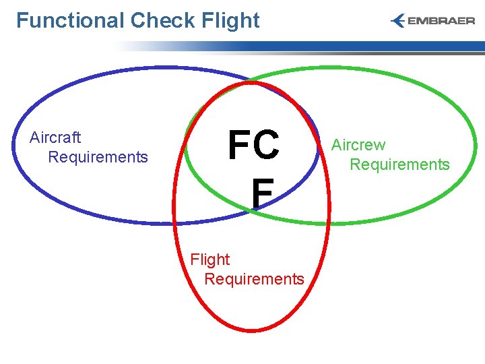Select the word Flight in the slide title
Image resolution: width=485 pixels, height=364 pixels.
tap(230, 20)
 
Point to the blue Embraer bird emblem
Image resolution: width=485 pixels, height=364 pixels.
tap(398, 21)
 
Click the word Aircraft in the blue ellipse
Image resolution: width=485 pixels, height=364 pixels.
tap(55, 138)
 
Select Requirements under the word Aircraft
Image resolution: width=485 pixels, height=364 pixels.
tap(98, 157)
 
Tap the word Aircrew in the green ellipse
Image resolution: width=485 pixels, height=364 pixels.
tap(358, 145)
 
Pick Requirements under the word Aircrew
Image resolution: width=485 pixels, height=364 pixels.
tap(399, 164)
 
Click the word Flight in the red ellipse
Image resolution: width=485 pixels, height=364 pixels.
tap(210, 260)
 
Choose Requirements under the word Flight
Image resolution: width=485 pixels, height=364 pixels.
tap(254, 279)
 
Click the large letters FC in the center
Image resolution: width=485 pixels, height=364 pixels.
tap(253, 146)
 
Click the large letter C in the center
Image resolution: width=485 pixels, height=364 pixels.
tap(267, 146)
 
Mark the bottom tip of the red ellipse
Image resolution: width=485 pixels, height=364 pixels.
tap(251, 331)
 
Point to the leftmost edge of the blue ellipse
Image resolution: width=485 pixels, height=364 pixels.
tap(13, 145)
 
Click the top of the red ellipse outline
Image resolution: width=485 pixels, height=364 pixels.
tap(251, 83)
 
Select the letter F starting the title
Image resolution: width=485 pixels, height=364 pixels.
tap(22, 20)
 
